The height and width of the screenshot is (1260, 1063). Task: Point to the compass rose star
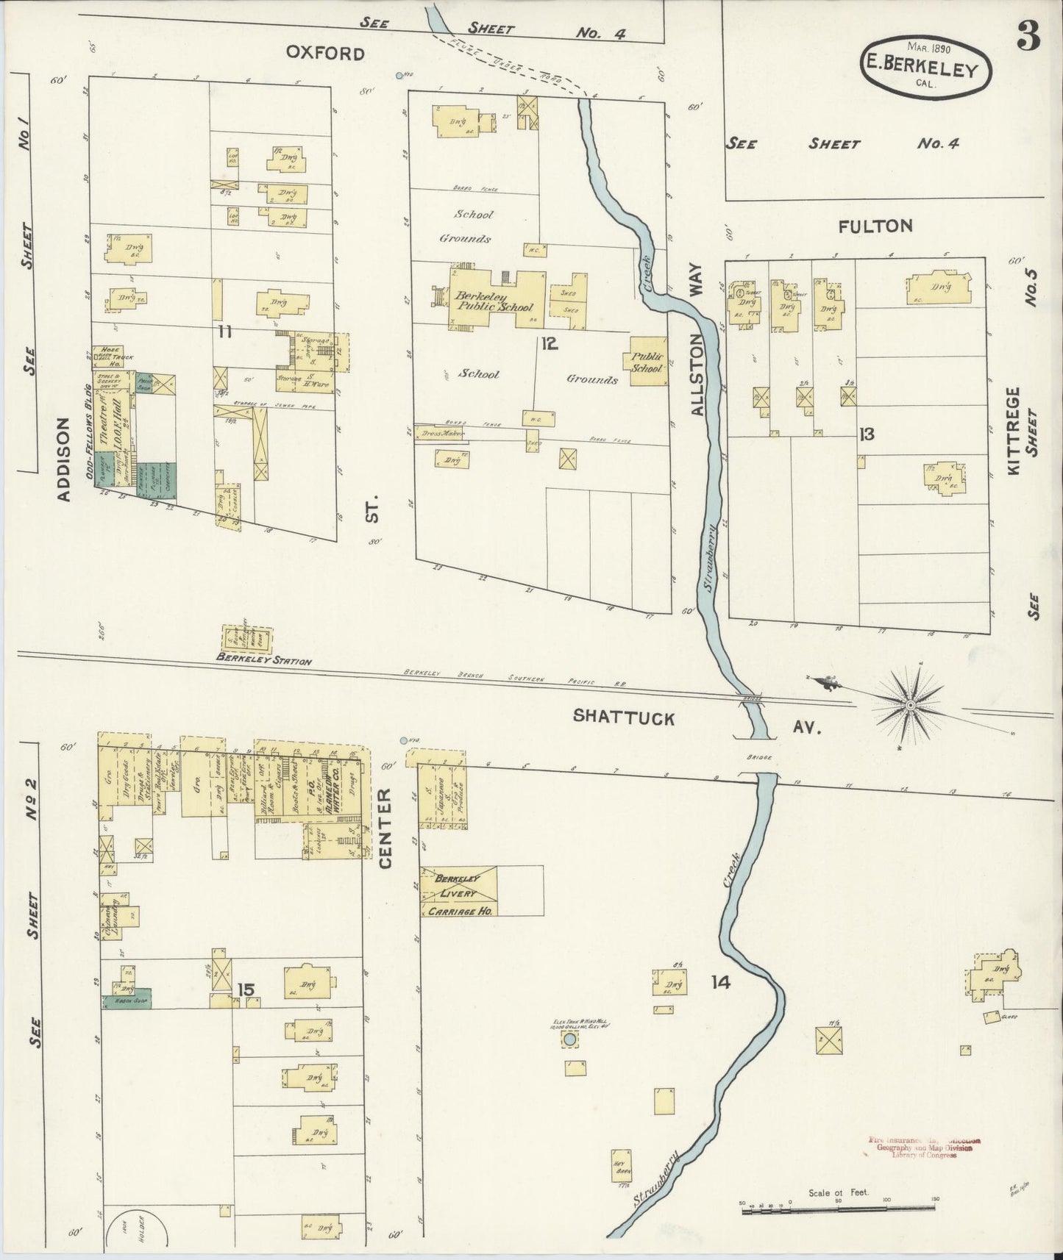coord(911,704)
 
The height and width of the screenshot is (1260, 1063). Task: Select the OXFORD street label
coord(325,54)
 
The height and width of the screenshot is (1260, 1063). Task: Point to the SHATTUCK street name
coord(624,717)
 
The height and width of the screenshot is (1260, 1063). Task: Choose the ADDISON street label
coord(64,459)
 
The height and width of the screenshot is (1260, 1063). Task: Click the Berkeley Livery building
coord(458,891)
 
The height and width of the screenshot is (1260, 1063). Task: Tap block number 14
coord(720,982)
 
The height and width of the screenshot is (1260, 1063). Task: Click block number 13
coord(867,434)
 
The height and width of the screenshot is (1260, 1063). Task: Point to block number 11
coord(225,332)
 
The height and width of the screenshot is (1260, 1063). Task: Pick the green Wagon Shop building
coord(127,1000)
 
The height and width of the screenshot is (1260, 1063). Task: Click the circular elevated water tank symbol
coord(569,1039)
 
